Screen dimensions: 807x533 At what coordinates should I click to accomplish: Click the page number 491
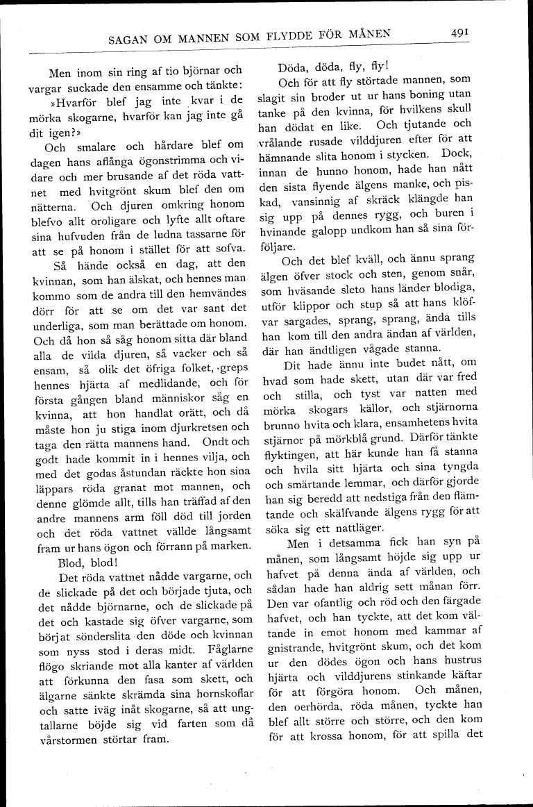tap(462, 31)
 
